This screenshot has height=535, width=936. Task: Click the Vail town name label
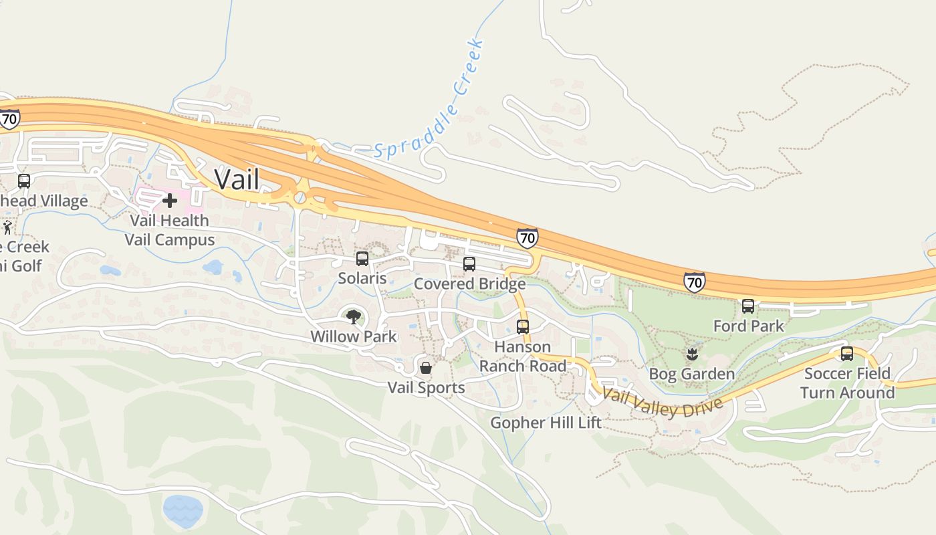click(237, 179)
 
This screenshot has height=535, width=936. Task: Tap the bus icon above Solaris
click(362, 258)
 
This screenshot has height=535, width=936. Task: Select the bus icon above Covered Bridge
click(469, 263)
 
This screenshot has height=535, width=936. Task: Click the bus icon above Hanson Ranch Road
click(523, 326)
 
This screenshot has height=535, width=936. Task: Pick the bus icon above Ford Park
click(748, 306)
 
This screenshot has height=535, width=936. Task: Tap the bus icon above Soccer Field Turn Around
click(847, 353)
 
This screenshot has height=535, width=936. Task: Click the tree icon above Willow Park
click(353, 316)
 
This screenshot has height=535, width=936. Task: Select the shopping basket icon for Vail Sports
click(426, 368)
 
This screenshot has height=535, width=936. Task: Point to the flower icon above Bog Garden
click(692, 353)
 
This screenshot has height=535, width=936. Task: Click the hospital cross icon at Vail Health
click(170, 200)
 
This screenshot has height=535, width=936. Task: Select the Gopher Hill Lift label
click(546, 423)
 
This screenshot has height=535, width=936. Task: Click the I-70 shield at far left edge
click(9, 118)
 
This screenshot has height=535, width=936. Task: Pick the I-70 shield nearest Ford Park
click(695, 282)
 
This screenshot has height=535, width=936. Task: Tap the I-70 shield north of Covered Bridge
click(527, 237)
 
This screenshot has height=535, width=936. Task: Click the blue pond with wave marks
click(183, 511)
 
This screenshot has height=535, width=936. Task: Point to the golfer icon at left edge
click(7, 227)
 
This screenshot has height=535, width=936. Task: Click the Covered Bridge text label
click(469, 284)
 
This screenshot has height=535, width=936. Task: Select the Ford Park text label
click(748, 326)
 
